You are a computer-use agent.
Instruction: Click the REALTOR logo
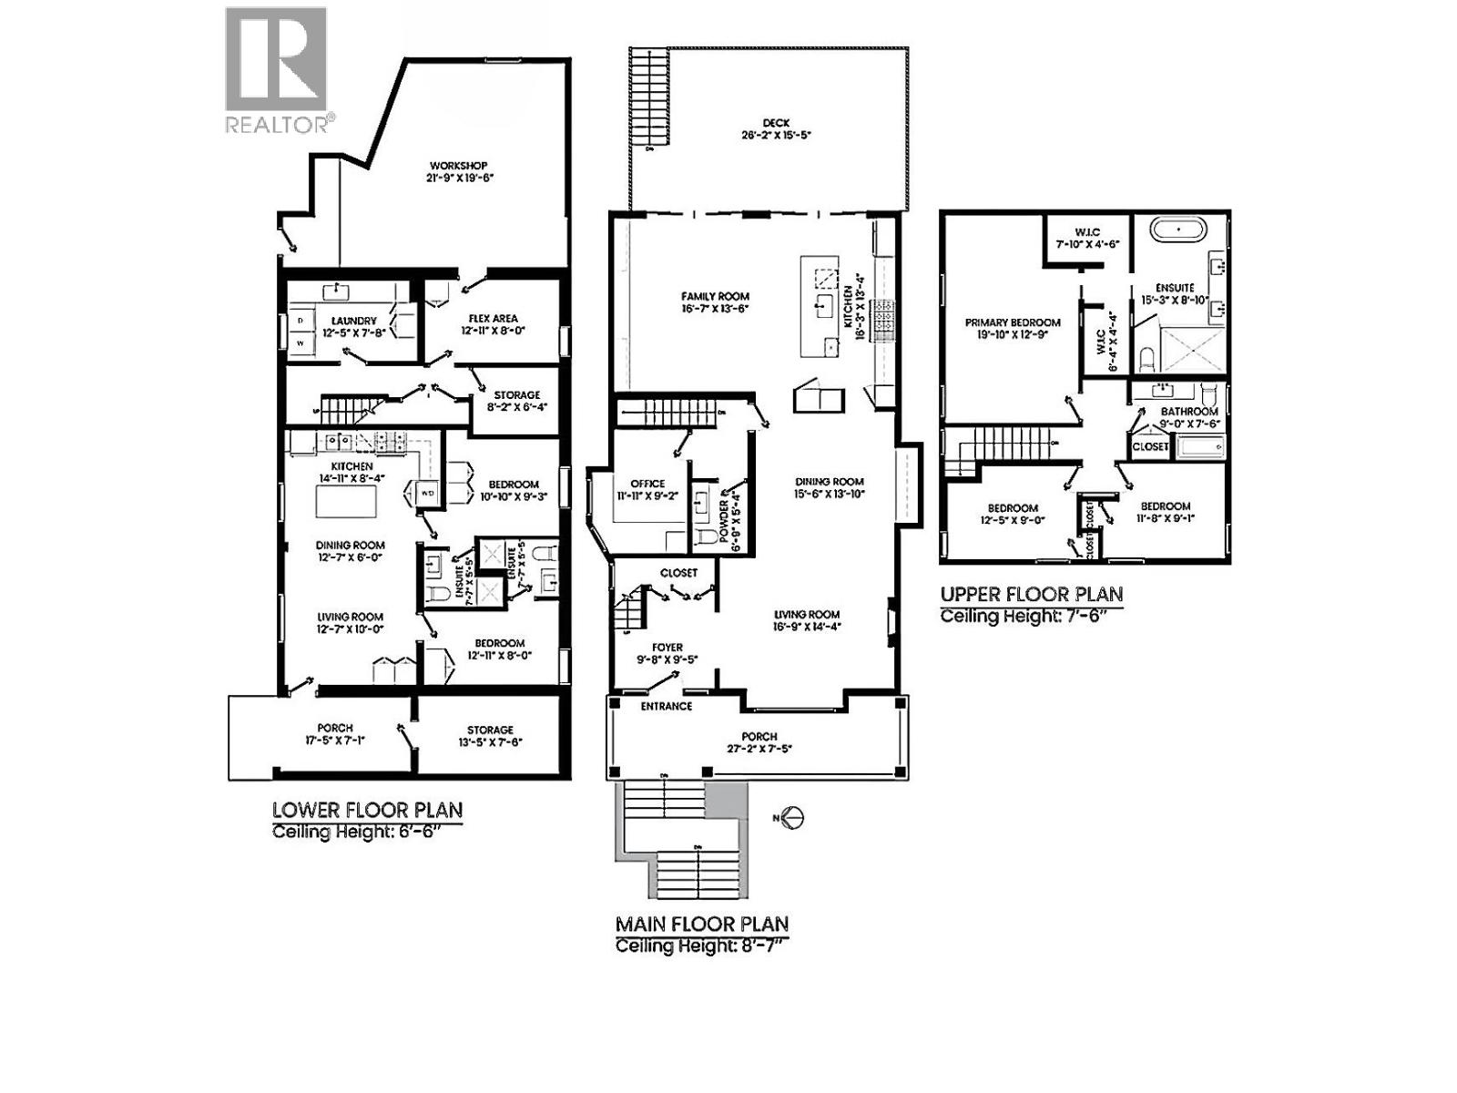coord(275,70)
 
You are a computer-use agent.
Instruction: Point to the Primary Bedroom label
coord(1013,322)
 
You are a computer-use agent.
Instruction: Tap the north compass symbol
coord(792,817)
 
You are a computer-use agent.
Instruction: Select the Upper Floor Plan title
coord(1031,594)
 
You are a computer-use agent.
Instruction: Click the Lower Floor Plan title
coord(367,810)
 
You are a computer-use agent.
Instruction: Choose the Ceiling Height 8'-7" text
coord(699,945)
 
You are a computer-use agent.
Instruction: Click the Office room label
coord(647,484)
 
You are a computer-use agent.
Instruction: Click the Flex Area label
coord(493,319)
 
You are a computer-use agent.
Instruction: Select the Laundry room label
coord(353,321)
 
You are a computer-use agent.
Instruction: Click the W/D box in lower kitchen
coord(427,493)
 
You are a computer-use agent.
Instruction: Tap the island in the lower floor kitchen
coord(346,500)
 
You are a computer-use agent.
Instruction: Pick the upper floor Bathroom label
coord(1189,412)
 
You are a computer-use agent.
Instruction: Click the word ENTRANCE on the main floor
coord(666,706)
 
